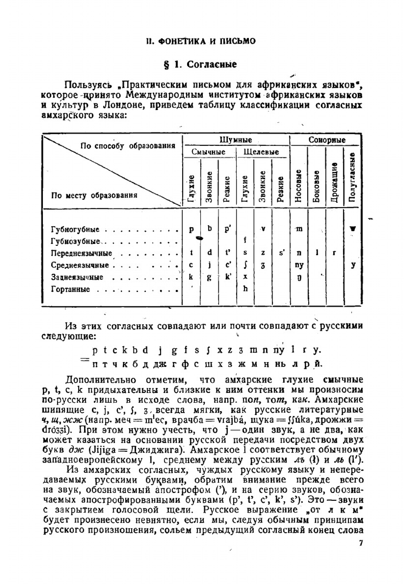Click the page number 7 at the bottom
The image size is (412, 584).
coord(361,543)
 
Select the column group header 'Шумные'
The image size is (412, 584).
coord(236,140)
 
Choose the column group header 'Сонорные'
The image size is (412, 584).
coord(327,140)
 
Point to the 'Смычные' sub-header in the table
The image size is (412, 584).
coord(208,152)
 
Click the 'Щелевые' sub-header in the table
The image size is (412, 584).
coord(261,152)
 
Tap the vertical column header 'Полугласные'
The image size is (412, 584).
coord(351,177)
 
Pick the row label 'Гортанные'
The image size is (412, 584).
coord(70,290)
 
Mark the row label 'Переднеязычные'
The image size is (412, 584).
coord(81,253)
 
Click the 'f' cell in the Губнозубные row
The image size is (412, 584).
coord(245,240)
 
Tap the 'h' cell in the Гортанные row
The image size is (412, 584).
coord(245,289)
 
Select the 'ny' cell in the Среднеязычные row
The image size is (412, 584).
coord(299,265)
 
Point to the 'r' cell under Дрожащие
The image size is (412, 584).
coord(334,253)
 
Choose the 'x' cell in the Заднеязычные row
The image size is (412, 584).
coord(245,277)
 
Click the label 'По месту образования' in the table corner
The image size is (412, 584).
coord(94,196)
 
